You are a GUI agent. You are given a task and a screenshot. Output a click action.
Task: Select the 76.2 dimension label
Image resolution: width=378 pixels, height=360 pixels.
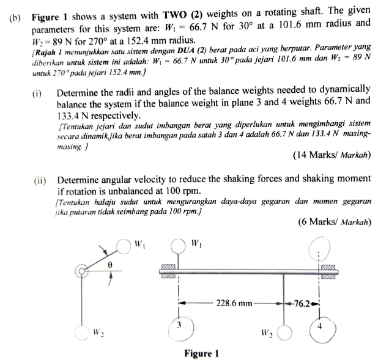303,302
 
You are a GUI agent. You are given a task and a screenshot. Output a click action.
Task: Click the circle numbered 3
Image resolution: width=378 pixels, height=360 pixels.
179,325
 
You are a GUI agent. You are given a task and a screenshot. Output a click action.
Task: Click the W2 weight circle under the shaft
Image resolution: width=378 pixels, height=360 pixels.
285,332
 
